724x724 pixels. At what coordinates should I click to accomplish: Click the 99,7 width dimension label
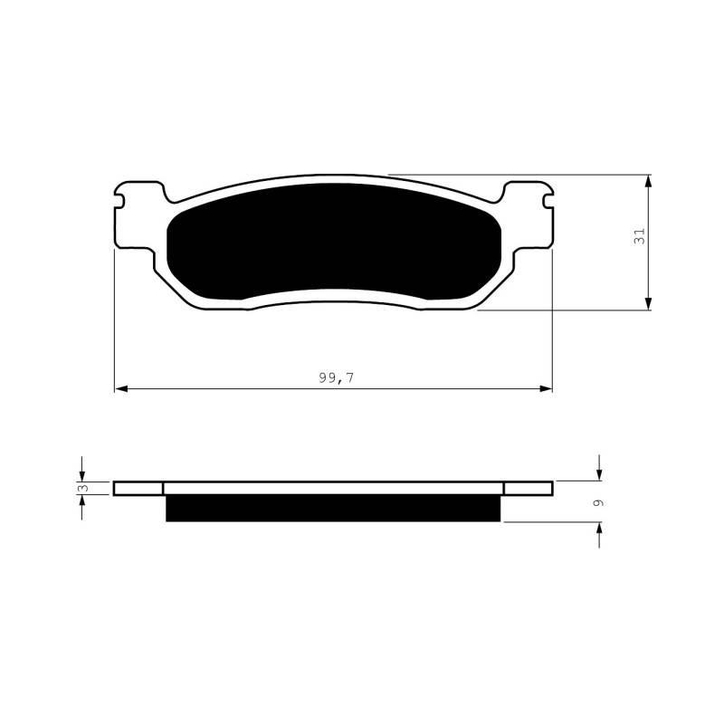click(336, 377)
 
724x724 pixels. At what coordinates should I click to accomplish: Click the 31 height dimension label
click(640, 236)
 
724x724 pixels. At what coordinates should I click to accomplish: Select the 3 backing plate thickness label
click(83, 488)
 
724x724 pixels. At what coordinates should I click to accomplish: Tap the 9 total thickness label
click(598, 502)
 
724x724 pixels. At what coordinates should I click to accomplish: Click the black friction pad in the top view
click(333, 241)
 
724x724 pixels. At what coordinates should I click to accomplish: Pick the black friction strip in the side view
click(333, 508)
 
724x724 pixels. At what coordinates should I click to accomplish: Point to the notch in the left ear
click(119, 201)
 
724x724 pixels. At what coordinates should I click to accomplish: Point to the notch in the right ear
click(548, 201)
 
